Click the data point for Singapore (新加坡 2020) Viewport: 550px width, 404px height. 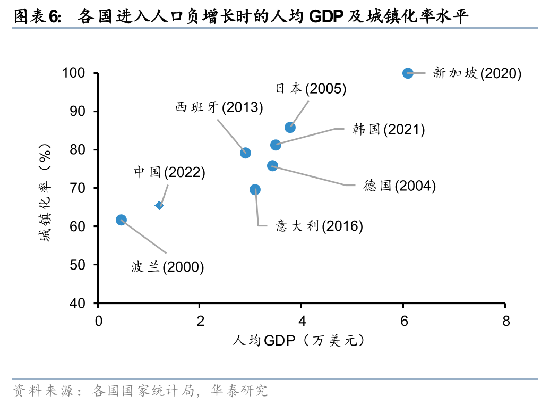tap(408, 73)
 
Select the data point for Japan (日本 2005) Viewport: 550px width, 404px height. tap(290, 127)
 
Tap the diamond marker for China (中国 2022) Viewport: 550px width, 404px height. tap(159, 205)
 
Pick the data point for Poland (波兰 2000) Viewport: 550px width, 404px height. tap(121, 220)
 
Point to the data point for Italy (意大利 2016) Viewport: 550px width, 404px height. tap(255, 189)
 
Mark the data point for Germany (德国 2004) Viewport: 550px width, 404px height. tap(272, 166)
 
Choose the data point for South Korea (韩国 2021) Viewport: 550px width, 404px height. tap(276, 145)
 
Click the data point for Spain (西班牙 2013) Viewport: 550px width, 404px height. tap(245, 153)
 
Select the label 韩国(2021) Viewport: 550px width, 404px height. tap(388, 129)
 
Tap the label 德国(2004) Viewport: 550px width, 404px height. tap(400, 186)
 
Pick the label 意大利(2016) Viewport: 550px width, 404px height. tap(319, 226)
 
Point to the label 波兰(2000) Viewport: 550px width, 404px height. tap(168, 267)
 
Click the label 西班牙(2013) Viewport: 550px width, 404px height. tap(219, 107)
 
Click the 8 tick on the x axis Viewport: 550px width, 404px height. tap(505, 321)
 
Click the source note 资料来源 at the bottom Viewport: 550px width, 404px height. tap(140, 391)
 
